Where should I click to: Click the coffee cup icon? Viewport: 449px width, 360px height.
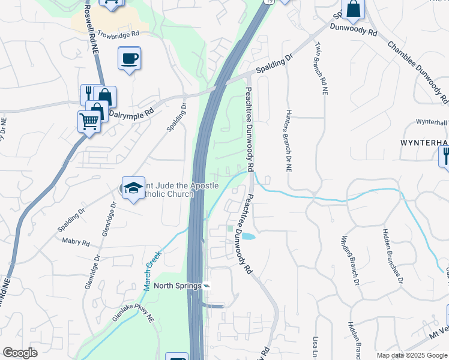pyautogui.click(x=130, y=59)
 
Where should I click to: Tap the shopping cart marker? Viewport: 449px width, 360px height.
pyautogui.click(x=89, y=122)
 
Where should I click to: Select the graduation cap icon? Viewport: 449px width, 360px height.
pyautogui.click(x=133, y=188)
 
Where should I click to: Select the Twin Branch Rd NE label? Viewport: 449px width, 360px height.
pyautogui.click(x=318, y=68)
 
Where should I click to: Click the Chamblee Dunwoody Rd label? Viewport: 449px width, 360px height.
pyautogui.click(x=417, y=70)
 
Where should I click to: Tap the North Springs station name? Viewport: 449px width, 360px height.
pyautogui.click(x=177, y=286)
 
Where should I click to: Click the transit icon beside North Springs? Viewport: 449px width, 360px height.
pyautogui.click(x=207, y=286)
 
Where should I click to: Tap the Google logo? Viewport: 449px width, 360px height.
pyautogui.click(x=20, y=353)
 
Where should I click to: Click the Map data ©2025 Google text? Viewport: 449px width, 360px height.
pyautogui.click(x=412, y=355)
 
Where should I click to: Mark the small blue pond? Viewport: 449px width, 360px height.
pyautogui.click(x=247, y=237)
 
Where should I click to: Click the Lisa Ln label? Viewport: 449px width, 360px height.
pyautogui.click(x=316, y=348)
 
